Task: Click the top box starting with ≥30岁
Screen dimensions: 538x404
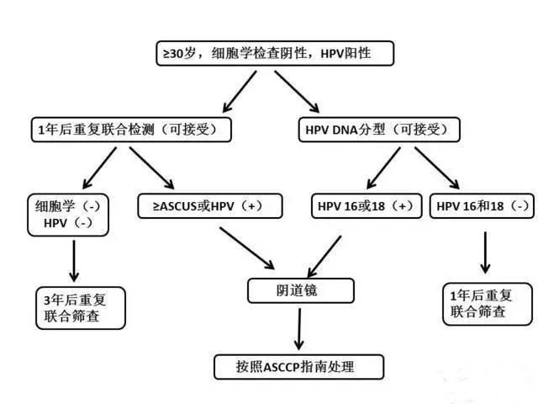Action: coord(275,53)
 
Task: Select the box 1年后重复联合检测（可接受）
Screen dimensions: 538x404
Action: coord(131,130)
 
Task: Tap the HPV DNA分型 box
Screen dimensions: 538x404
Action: coord(379,130)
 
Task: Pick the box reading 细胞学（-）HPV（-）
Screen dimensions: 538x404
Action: coord(68,215)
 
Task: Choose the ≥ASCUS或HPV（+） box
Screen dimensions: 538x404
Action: coord(210,206)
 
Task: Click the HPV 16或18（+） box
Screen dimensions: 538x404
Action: coord(367,206)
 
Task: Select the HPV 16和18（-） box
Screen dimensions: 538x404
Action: coord(482,206)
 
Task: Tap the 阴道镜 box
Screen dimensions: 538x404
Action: coord(301,290)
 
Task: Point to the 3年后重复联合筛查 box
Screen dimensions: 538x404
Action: coord(81,308)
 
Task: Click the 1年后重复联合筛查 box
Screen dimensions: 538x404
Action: coord(488,304)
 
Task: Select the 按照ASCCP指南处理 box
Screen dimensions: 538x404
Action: coord(298,367)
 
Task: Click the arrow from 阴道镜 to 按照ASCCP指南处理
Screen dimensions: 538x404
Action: coord(299,329)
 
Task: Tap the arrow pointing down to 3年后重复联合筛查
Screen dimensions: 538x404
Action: coord(74,261)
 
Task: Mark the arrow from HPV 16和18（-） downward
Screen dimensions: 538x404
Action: coord(485,252)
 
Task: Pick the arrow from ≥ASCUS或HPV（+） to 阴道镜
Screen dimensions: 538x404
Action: coord(247,248)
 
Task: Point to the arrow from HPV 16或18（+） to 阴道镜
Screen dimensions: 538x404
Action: coord(324,257)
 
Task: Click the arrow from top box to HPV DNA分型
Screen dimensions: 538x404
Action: coord(297,92)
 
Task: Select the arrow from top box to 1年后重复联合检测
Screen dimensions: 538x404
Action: coord(240,92)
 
